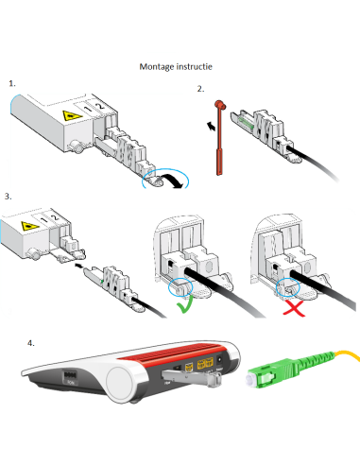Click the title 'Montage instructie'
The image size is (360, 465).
tap(176, 66)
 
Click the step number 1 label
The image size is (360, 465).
tap(12, 83)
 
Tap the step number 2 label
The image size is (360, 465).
tap(200, 89)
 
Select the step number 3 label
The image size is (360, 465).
tap(8, 197)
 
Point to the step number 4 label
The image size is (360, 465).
tap(31, 343)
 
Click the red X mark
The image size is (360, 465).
tap(294, 308)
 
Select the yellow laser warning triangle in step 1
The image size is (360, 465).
tap(72, 115)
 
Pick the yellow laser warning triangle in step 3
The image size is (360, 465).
tap(30, 226)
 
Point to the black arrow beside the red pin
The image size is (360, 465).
tap(212, 127)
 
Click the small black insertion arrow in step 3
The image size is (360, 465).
tap(78, 267)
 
